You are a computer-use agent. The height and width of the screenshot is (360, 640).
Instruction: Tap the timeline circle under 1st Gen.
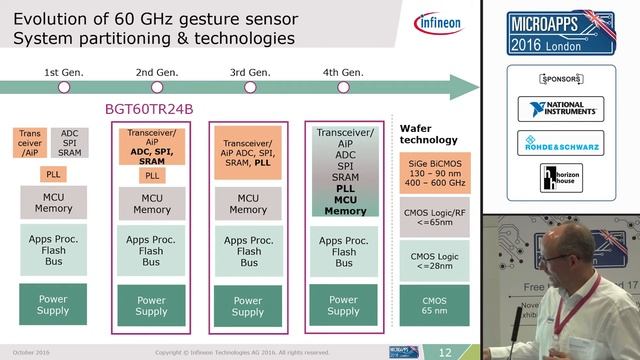click(64, 87)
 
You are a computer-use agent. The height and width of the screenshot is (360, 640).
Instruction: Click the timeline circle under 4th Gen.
click(343, 87)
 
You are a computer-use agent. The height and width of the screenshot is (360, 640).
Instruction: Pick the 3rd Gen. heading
click(249, 72)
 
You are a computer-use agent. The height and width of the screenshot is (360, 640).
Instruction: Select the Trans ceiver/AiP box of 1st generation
click(30, 143)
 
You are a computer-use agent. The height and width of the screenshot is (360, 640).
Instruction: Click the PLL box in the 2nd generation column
click(152, 175)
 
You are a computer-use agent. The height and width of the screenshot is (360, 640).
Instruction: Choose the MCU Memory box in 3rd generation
click(249, 204)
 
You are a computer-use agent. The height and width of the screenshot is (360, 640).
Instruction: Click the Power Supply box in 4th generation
click(343, 305)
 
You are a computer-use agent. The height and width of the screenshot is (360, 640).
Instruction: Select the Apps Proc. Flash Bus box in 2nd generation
click(152, 251)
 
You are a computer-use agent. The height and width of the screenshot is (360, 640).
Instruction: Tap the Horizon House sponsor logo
click(560, 179)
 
